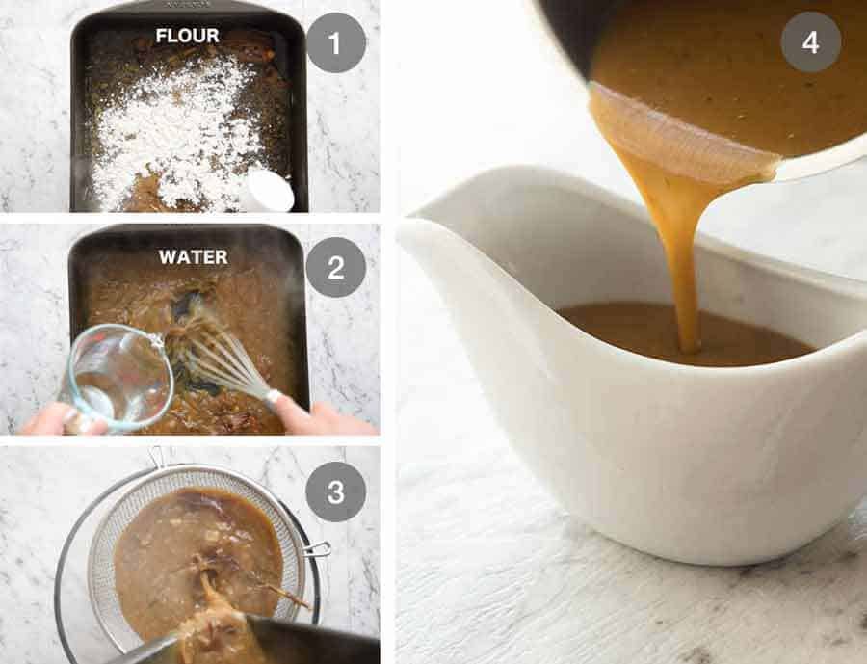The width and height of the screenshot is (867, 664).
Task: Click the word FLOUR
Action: (x=187, y=37)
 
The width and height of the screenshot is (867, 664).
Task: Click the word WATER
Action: (x=193, y=257)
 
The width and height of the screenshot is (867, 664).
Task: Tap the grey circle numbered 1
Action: (x=335, y=43)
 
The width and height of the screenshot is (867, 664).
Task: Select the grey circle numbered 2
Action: (x=335, y=267)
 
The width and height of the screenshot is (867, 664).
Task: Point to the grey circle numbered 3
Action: (x=335, y=491)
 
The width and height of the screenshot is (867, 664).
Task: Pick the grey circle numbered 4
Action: (x=810, y=41)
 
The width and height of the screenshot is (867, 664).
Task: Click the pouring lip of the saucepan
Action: (x=674, y=145)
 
